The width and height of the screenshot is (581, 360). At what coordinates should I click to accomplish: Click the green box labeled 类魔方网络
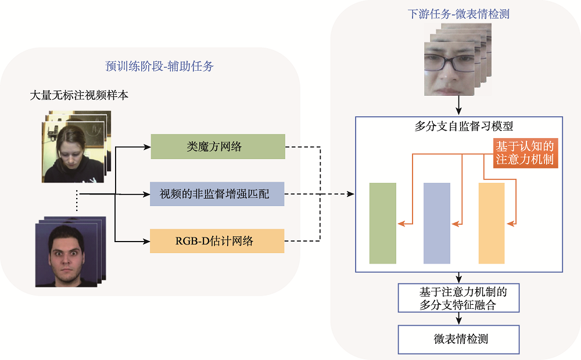pyautogui.click(x=218, y=146)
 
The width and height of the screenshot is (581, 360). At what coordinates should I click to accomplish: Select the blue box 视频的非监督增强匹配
pyautogui.click(x=218, y=193)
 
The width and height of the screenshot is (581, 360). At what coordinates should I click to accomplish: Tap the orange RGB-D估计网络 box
pyautogui.click(x=218, y=241)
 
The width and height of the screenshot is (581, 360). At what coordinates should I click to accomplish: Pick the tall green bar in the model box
pyautogui.click(x=382, y=224)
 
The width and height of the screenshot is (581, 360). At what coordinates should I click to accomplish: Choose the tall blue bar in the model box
pyautogui.click(x=437, y=224)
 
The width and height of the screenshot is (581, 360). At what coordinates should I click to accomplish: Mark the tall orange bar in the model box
pyautogui.click(x=492, y=224)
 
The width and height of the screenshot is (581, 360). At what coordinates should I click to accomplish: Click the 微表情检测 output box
pyautogui.click(x=458, y=339)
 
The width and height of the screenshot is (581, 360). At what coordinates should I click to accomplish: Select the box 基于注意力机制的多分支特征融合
pyautogui.click(x=458, y=297)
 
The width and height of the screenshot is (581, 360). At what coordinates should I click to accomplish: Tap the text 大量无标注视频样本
pyautogui.click(x=79, y=95)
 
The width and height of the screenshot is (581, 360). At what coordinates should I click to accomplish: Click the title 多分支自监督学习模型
pyautogui.click(x=458, y=126)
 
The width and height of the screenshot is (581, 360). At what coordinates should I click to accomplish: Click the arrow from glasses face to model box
pyautogui.click(x=459, y=106)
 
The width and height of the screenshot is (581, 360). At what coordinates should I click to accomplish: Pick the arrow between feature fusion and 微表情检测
pyautogui.click(x=459, y=319)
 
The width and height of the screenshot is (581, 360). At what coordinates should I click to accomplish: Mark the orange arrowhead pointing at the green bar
pyautogui.click(x=400, y=224)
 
